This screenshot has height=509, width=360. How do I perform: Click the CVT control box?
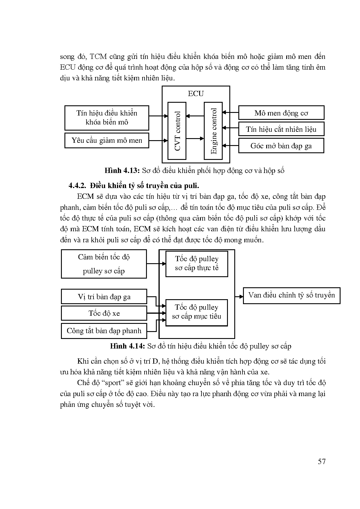[x=177, y=131]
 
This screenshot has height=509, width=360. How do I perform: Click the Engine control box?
[x=213, y=131]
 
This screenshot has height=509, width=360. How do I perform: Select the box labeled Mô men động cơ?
[x=281, y=113]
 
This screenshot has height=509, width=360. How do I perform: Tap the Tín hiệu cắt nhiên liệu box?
[x=281, y=129]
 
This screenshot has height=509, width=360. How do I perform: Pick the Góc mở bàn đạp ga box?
[x=281, y=146]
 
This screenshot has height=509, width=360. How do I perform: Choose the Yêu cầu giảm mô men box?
[x=107, y=140]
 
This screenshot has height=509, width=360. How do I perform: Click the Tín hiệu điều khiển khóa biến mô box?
[x=107, y=118]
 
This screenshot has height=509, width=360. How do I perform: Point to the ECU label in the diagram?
[x=196, y=93]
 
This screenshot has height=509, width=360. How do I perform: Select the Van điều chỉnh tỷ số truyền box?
[x=291, y=295]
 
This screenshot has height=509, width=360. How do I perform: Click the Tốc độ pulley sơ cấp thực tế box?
[x=197, y=263]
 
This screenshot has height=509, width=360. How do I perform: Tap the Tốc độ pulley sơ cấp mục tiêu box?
[x=197, y=312]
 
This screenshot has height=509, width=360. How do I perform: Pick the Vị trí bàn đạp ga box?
[x=104, y=297]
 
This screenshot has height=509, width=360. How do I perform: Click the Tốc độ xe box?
[x=104, y=313]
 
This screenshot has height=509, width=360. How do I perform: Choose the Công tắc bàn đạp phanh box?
[x=104, y=331]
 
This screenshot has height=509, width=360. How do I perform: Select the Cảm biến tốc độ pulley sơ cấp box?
[x=104, y=264]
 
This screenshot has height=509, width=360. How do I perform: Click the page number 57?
[x=322, y=461]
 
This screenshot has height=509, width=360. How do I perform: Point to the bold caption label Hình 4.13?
[x=122, y=171]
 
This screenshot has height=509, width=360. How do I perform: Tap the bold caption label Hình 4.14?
[x=127, y=346]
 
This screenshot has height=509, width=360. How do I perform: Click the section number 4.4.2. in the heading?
[x=78, y=185]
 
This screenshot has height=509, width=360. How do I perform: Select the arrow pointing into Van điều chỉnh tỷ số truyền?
[x=239, y=297]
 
